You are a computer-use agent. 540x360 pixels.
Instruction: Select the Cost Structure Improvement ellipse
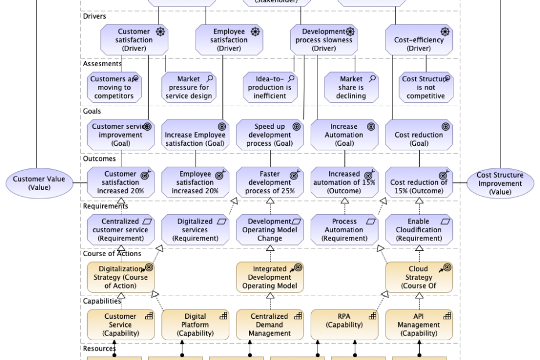pos(500,183)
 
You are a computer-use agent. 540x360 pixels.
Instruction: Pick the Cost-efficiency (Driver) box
pos(419,39)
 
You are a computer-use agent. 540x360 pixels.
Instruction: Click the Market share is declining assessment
pos(351,87)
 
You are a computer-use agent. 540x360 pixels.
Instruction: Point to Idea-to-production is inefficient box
pos(270,87)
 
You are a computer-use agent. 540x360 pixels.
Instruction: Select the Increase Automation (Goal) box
pos(344,135)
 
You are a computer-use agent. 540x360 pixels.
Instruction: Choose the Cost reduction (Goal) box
pos(419,135)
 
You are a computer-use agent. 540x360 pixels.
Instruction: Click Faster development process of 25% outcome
pos(270,182)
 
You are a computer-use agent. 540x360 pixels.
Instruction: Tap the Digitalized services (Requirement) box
pos(195,229)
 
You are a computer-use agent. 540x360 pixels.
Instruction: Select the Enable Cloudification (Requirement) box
pos(419,229)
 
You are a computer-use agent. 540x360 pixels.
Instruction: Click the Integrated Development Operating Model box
pos(270,277)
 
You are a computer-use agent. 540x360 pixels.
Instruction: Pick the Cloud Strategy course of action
pos(419,277)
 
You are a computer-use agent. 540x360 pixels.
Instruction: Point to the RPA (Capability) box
pos(344,325)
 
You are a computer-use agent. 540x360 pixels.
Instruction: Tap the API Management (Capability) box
pos(419,325)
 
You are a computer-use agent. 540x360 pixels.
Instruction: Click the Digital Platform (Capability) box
pos(195,325)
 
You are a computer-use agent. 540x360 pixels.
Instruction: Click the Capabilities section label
pos(102,301)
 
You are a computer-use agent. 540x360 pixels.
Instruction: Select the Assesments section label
pos(102,63)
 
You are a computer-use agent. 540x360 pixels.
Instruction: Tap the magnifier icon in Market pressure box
pos(210,78)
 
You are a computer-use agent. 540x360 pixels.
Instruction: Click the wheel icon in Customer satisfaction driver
pos(160,32)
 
